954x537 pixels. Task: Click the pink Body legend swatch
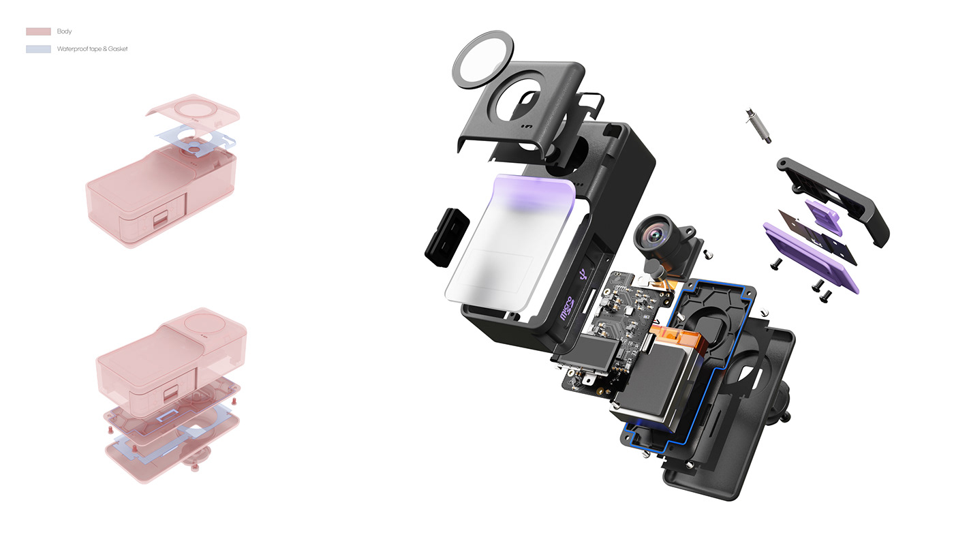(38, 31)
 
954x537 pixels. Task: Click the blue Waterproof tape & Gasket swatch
(38, 49)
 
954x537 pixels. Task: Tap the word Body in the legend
(64, 31)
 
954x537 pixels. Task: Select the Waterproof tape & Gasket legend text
(93, 49)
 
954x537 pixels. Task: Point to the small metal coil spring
(758, 125)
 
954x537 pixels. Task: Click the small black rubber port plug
(447, 237)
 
